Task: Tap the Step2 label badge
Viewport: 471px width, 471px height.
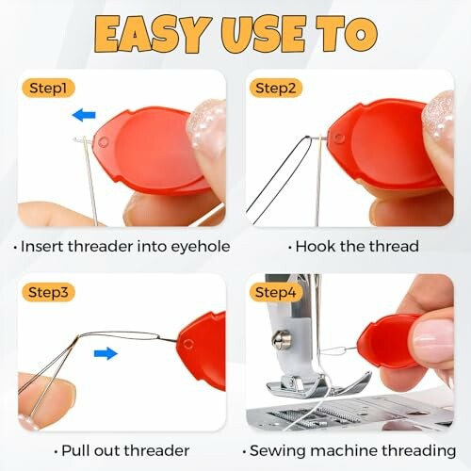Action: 273,88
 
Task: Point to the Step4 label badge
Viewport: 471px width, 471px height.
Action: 273,293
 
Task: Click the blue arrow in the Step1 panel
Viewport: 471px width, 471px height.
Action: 85,116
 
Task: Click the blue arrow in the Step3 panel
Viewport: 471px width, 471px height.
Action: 106,354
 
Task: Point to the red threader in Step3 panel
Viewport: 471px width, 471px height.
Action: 203,349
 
